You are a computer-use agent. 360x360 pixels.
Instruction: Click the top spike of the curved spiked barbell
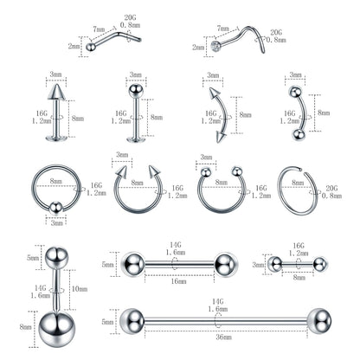pyautogui.click(x=209, y=90)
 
